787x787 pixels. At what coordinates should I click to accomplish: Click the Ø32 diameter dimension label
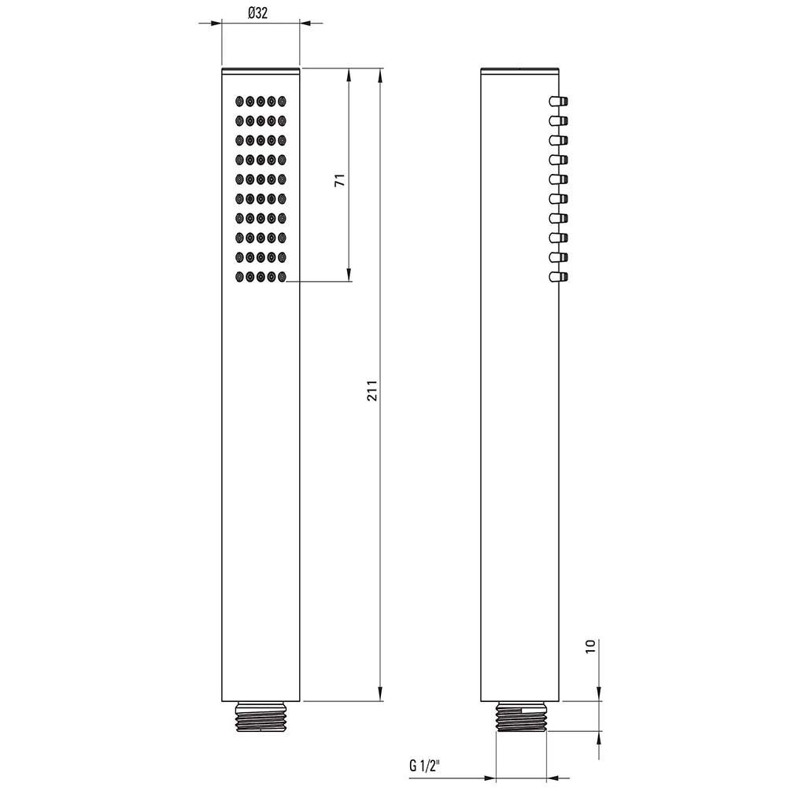258,13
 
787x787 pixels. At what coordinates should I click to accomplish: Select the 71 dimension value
340,179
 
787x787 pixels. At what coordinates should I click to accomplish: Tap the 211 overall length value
372,390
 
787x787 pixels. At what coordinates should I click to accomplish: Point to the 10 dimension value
590,645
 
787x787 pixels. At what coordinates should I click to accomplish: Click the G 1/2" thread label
425,766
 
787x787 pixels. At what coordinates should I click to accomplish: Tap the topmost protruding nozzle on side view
558,101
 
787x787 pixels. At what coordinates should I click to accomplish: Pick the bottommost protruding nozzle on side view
558,276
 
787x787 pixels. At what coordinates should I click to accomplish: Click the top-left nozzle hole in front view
239,102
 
